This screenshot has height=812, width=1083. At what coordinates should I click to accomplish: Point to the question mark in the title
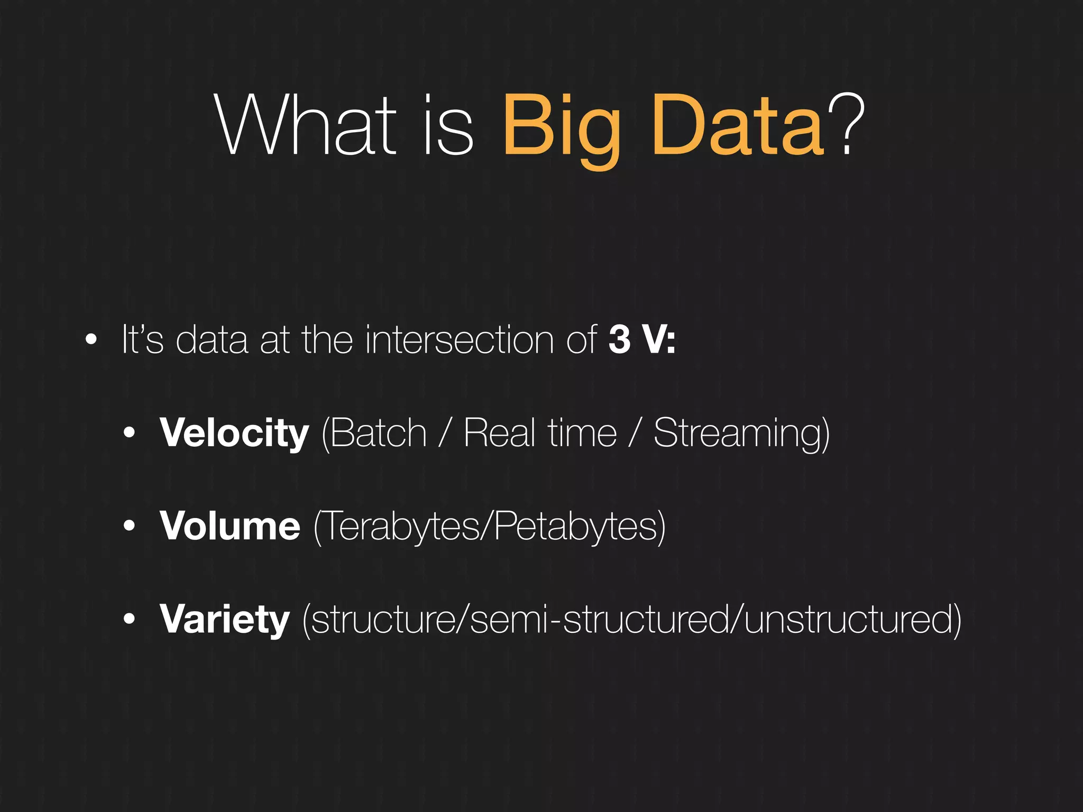(846, 124)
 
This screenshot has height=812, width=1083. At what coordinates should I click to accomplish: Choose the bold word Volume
(230, 527)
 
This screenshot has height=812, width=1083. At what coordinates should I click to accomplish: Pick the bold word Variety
(225, 620)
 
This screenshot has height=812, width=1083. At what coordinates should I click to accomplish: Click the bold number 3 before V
(619, 340)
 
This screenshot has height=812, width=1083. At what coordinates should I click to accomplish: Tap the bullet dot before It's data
(91, 340)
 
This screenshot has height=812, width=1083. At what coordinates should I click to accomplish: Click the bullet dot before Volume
(130, 527)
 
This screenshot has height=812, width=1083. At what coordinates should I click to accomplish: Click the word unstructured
(849, 620)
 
